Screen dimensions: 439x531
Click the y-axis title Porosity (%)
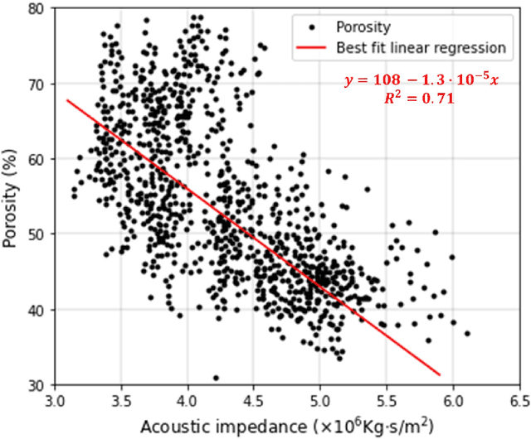[12, 197]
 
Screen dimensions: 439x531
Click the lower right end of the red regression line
[439, 374]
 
